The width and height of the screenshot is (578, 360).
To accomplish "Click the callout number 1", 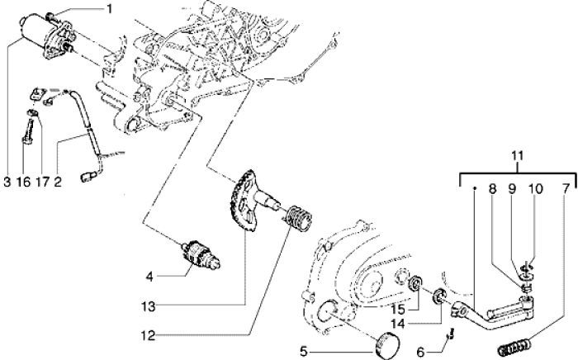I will click(107, 10).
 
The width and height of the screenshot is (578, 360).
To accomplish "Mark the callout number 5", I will click(304, 351).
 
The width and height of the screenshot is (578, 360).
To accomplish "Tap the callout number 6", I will click(421, 351).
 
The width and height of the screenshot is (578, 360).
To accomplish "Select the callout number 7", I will click(565, 188).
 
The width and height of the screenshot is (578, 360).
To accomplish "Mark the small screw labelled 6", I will click(449, 335).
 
